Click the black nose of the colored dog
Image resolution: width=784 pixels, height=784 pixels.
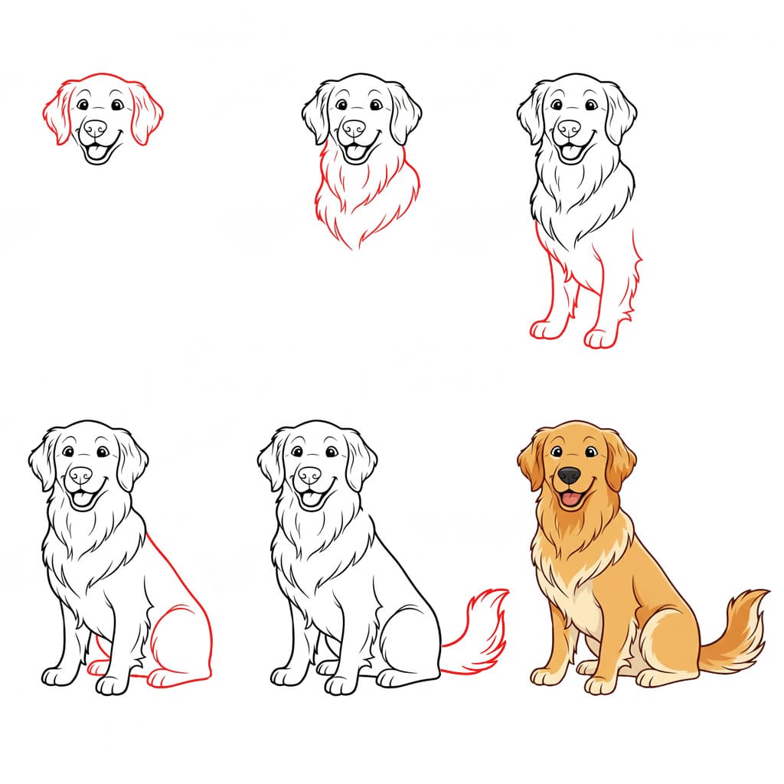[569, 475]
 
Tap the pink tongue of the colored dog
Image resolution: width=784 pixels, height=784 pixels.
[570, 501]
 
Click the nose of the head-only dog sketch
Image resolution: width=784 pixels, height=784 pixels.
[95, 128]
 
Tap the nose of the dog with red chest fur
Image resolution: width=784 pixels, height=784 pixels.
[354, 128]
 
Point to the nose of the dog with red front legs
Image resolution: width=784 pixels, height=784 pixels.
[569, 128]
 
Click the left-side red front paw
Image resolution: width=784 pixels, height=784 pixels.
[545, 329]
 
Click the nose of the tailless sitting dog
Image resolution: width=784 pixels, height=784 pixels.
[80, 475]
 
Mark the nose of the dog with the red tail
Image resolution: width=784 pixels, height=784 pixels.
[309, 475]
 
